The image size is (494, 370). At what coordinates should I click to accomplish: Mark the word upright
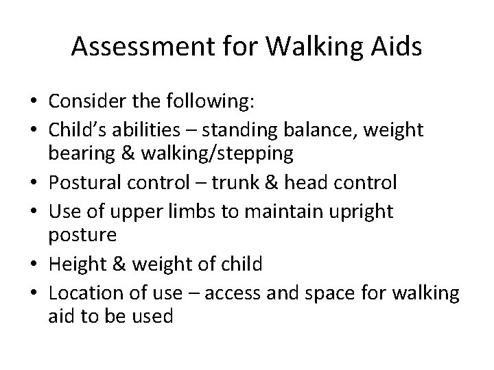362,211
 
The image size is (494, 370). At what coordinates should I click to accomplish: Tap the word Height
76,265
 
